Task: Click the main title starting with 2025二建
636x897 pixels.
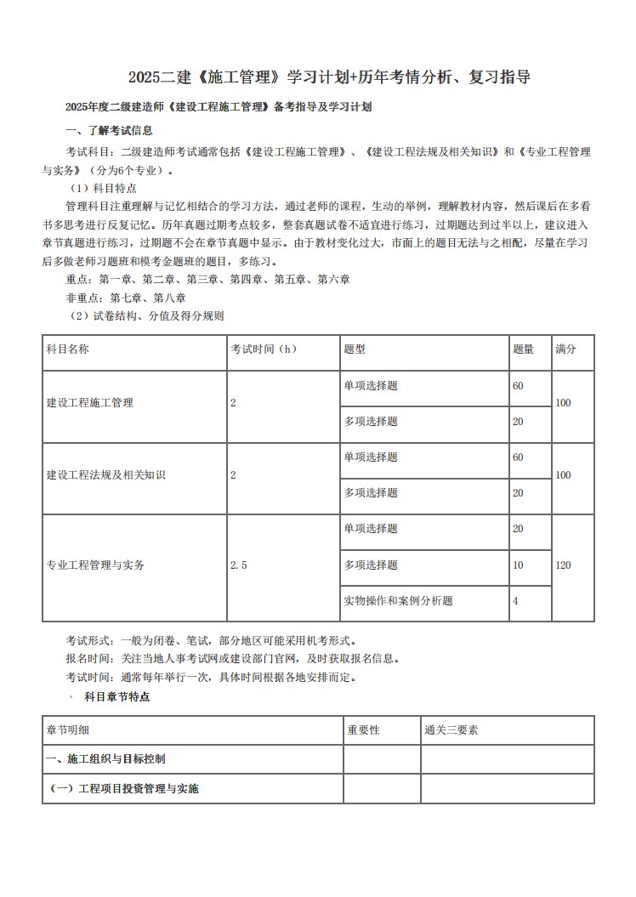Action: click(x=329, y=77)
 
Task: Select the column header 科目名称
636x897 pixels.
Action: click(x=68, y=349)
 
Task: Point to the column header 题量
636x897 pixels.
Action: click(x=524, y=349)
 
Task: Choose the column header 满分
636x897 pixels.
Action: click(x=565, y=349)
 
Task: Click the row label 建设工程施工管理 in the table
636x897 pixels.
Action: click(x=90, y=403)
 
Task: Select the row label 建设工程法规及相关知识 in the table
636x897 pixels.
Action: click(x=106, y=474)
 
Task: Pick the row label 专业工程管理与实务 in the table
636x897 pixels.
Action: click(x=95, y=565)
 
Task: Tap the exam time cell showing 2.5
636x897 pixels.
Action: click(x=239, y=565)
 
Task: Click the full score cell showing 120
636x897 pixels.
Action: click(x=563, y=565)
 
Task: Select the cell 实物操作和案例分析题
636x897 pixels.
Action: click(x=398, y=601)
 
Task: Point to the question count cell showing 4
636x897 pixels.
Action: click(x=516, y=601)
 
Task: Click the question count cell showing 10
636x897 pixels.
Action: click(x=519, y=565)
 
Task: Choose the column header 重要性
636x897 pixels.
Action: click(x=364, y=730)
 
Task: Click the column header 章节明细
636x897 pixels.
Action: click(x=68, y=730)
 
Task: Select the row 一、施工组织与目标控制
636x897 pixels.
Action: click(x=111, y=758)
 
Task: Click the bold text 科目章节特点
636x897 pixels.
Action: click(x=117, y=696)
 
